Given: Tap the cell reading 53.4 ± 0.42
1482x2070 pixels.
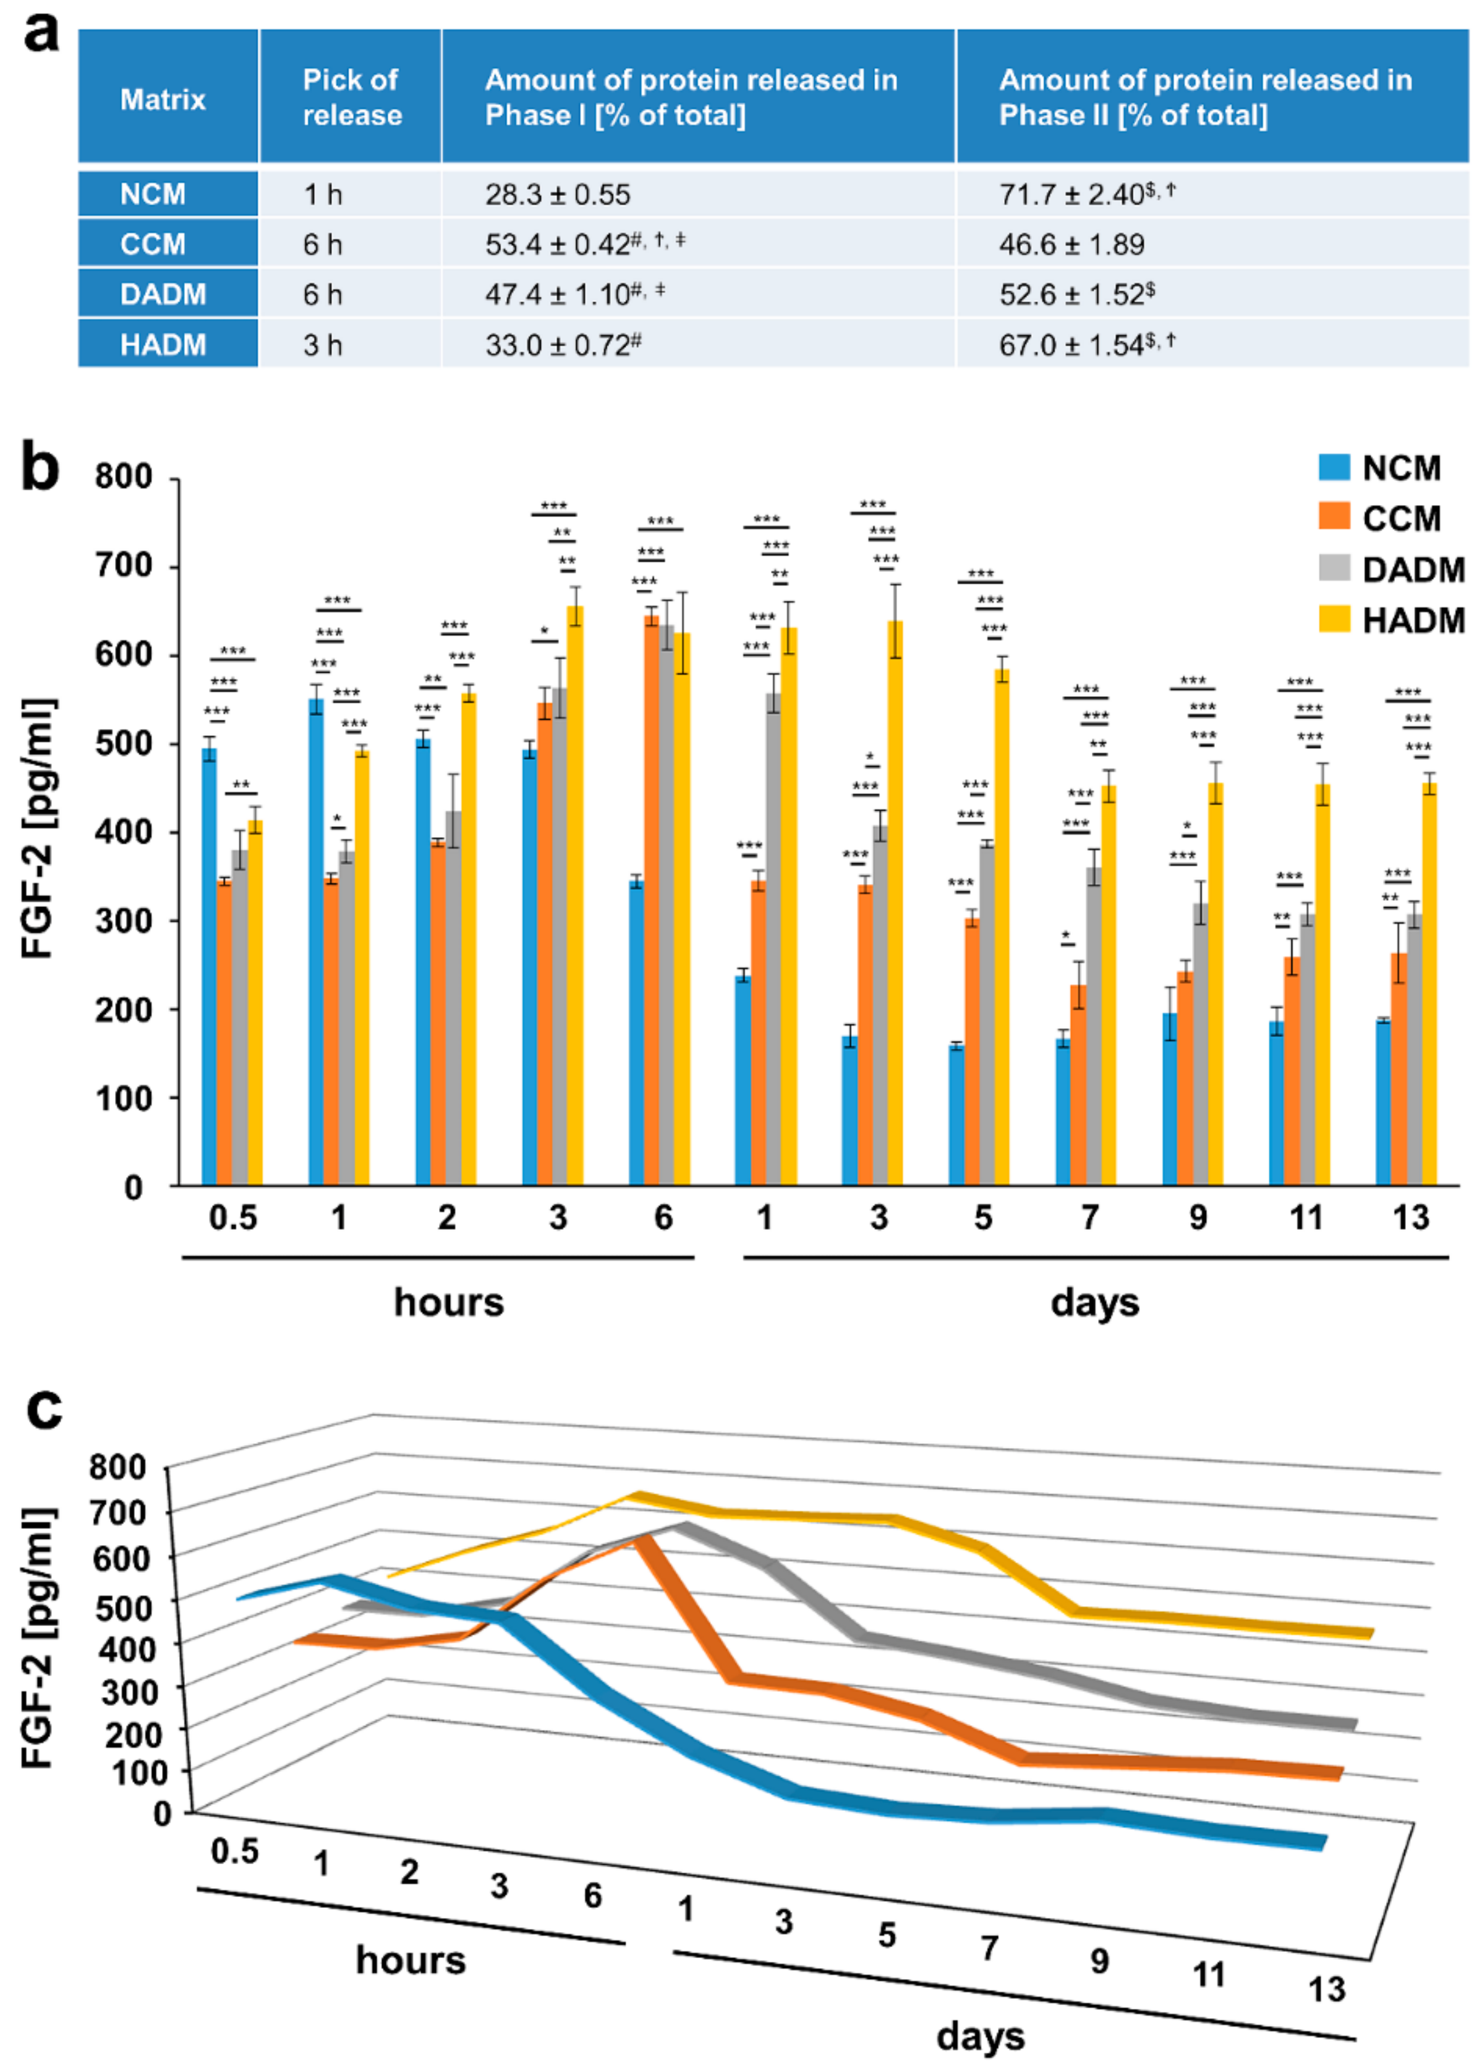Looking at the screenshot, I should point(558,244).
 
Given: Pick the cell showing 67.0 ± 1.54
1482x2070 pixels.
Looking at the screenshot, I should point(1071,345).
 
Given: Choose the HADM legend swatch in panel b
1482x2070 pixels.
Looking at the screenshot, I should point(1333,620).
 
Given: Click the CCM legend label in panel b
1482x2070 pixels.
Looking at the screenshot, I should point(1401,518).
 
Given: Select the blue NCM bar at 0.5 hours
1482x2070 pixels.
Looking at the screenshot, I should point(209,967).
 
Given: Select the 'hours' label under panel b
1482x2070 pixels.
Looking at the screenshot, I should point(448,1302).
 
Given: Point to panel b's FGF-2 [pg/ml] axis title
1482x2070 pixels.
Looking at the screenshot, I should point(38,828).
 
